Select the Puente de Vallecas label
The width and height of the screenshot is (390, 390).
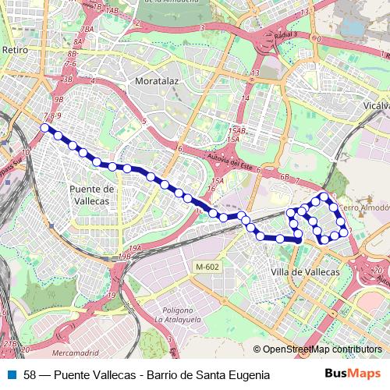92,194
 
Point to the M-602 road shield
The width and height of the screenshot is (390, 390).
207,267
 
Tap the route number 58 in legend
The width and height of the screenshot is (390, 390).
30,374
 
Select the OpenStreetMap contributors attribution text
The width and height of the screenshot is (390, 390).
321,349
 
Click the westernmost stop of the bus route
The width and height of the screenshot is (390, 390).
45,128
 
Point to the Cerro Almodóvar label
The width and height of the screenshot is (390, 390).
363,209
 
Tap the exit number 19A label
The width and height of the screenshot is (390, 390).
136,248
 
